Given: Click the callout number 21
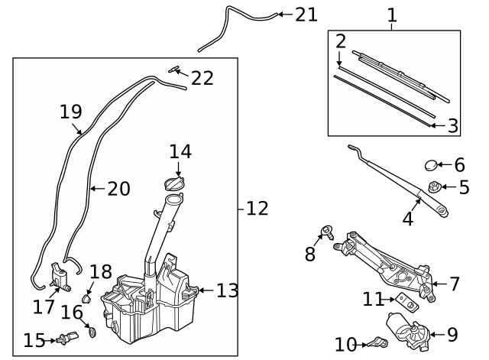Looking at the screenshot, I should pyautogui.click(x=306, y=15).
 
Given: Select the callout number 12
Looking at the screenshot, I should pyautogui.click(x=257, y=208).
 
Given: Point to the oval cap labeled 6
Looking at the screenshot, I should pyautogui.click(x=432, y=165).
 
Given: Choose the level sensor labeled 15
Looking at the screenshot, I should pyautogui.click(x=65, y=339).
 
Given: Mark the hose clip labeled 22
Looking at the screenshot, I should pyautogui.click(x=176, y=71).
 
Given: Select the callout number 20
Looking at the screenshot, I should pyautogui.click(x=118, y=188).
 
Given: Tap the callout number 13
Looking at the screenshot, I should pyautogui.click(x=228, y=290).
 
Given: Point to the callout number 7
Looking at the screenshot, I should pyautogui.click(x=455, y=284).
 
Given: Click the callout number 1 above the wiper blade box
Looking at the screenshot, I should pyautogui.click(x=392, y=15).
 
